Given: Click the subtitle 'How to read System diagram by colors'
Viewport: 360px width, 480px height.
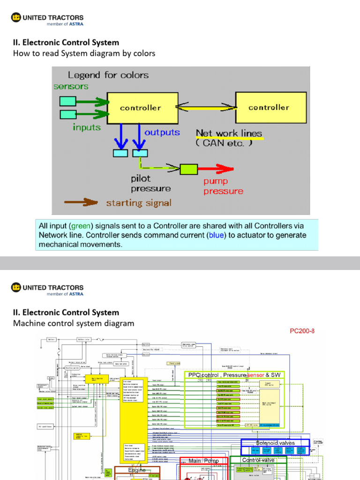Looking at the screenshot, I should (x=84, y=53).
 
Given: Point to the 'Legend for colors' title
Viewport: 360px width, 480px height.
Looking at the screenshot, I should (x=108, y=75).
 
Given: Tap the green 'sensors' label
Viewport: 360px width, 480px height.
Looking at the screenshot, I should (x=71, y=86).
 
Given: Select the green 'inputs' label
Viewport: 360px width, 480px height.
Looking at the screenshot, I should (x=87, y=127).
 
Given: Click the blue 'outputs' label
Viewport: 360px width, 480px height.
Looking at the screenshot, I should (x=162, y=132).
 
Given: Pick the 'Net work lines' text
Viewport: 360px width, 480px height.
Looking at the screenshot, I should (x=229, y=134).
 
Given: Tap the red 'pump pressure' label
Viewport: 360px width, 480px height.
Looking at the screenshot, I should (x=223, y=186).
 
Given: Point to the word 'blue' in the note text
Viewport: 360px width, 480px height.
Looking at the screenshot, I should (x=217, y=235).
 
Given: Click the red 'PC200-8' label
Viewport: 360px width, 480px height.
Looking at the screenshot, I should (x=302, y=331).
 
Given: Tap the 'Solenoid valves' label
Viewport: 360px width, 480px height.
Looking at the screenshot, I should (x=275, y=443).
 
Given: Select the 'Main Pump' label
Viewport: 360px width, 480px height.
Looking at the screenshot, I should (x=204, y=461).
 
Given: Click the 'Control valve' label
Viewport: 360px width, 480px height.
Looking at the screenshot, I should (x=258, y=460).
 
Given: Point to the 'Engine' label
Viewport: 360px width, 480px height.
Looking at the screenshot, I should (x=137, y=470).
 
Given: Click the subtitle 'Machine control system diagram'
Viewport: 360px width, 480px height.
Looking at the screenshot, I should (x=74, y=323).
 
